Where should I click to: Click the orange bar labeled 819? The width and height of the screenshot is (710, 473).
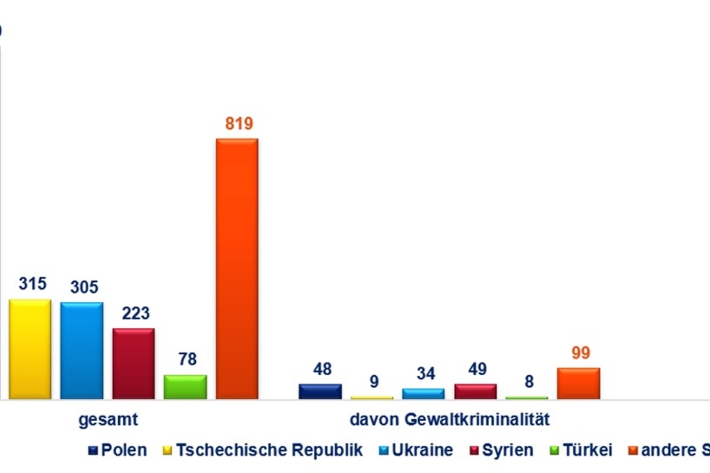tap(237, 269)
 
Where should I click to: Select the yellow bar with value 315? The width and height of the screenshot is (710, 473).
tap(30, 349)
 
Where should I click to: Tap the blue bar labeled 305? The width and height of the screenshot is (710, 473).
tap(82, 351)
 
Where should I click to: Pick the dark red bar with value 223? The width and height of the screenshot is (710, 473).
tap(134, 363)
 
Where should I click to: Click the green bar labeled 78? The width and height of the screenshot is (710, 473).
tap(185, 387)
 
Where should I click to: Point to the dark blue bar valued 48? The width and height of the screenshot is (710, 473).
tap(320, 391)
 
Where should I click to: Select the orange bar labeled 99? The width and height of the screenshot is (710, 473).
tap(578, 384)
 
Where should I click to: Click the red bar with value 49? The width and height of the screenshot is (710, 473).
tap(475, 391)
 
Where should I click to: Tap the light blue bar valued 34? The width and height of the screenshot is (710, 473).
tap(423, 394)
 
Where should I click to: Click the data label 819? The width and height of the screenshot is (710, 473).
tap(239, 124)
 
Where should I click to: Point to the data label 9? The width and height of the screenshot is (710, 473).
tap(374, 382)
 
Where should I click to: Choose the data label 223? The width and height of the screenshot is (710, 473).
tap(136, 314)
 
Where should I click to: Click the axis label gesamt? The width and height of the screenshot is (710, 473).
tap(108, 419)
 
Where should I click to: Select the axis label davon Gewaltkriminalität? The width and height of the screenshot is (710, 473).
tap(449, 419)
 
